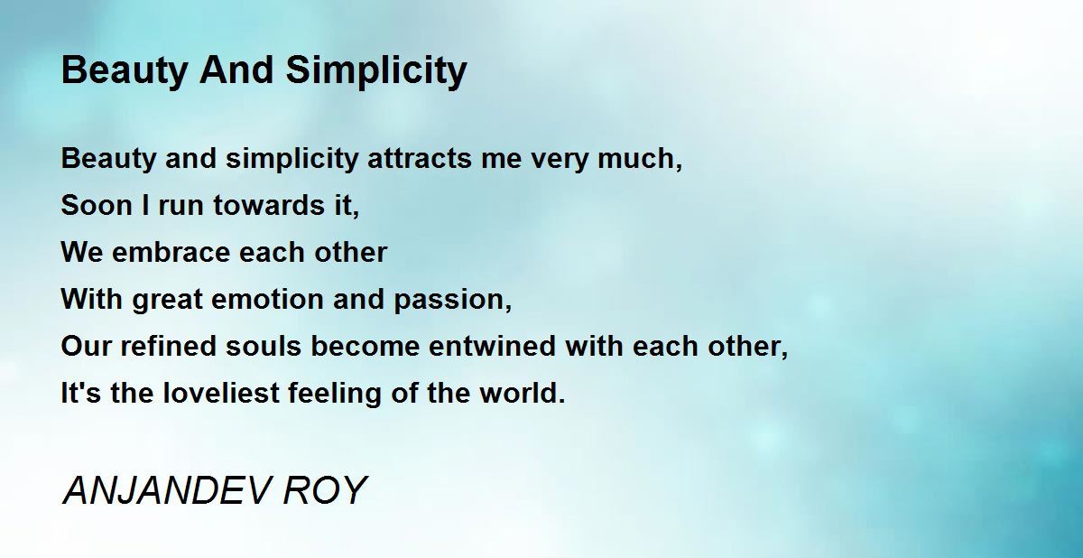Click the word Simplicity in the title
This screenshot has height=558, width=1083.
click(x=376, y=71)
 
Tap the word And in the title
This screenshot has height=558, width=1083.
click(x=236, y=70)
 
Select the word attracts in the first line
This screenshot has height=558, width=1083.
click(x=420, y=158)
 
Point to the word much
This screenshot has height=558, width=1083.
click(x=640, y=158)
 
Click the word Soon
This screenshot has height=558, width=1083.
click(x=97, y=205)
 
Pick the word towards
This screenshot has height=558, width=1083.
click(x=269, y=205)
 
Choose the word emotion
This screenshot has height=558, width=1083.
click(x=267, y=299)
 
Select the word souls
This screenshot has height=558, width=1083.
click(x=264, y=346)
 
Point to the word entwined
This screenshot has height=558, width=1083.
click(x=492, y=346)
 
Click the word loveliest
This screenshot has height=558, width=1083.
click(x=221, y=393)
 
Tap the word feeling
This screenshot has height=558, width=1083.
click(x=335, y=394)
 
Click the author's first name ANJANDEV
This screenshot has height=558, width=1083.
click(x=166, y=490)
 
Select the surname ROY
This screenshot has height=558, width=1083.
click(x=325, y=490)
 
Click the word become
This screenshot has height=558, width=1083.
click(x=365, y=346)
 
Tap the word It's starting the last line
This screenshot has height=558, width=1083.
click(x=80, y=393)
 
